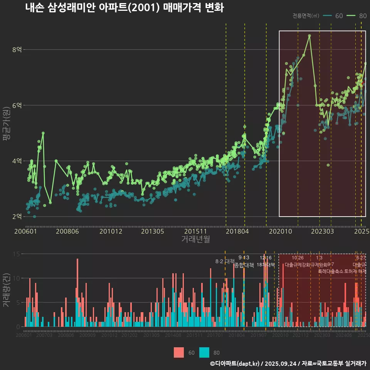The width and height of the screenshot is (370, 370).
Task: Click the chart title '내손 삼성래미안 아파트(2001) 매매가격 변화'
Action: click(x=124, y=8)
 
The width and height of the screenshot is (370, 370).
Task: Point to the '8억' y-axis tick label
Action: click(x=17, y=50)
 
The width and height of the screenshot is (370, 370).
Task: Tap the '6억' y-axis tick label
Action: click(x=17, y=105)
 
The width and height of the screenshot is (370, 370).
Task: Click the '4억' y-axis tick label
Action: click(x=17, y=161)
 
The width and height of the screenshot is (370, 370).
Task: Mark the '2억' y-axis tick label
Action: click(x=17, y=216)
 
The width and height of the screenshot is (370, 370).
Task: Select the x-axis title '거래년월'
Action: click(x=195, y=239)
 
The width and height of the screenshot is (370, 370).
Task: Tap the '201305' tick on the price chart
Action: click(x=153, y=231)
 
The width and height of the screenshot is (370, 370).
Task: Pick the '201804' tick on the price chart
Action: click(x=237, y=231)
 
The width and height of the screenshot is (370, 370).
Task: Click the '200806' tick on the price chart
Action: click(x=67, y=231)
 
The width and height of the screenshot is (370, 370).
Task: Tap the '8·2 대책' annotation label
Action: click(x=225, y=261)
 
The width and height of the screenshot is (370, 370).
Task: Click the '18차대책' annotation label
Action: click(x=266, y=265)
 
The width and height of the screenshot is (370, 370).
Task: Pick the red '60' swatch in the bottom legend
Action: click(x=179, y=352)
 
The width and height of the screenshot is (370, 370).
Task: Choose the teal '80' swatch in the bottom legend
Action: click(x=204, y=352)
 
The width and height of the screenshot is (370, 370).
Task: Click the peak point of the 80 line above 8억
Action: click(x=309, y=36)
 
